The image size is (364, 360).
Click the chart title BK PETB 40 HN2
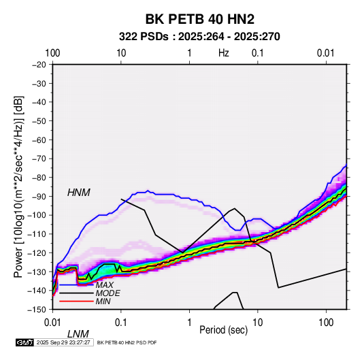coord(199,19)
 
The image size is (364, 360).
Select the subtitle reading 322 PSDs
coord(144,37)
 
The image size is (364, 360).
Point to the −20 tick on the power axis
coord(39,65)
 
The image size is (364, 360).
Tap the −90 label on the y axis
coord(39,196)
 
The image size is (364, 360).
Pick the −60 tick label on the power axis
coord(39,140)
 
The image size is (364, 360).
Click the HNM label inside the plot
coord(79,193)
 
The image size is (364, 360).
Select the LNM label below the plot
coord(78,334)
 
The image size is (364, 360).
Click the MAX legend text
coord(105,285)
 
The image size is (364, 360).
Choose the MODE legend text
coord(108,293)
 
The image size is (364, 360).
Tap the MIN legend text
coord(103,301)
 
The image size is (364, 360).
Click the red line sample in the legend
coord(76,301)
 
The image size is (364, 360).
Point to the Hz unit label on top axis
coord(224,53)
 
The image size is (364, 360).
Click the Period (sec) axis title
coord(224,330)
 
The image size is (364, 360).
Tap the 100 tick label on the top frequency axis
coord(52,53)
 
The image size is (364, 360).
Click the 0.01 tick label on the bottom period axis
coord(52,323)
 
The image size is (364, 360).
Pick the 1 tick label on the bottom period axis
coord(189,323)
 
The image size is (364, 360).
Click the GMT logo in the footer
coord(25,342)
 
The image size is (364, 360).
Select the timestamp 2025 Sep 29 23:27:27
coord(63,342)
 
